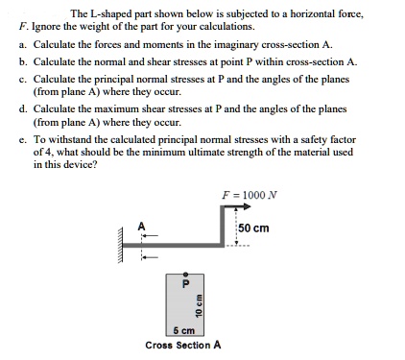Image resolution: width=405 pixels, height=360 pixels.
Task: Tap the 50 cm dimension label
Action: pyautogui.click(x=254, y=228)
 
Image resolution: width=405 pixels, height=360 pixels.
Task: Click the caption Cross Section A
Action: pyautogui.click(x=183, y=344)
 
